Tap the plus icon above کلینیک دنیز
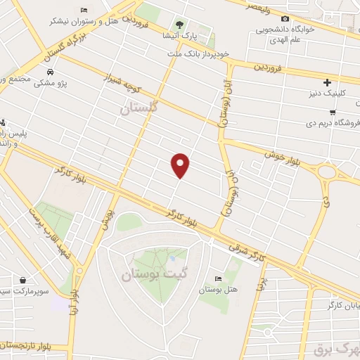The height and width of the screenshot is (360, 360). coord(327,82)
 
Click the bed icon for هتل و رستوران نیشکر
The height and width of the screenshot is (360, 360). coord(85,10)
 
